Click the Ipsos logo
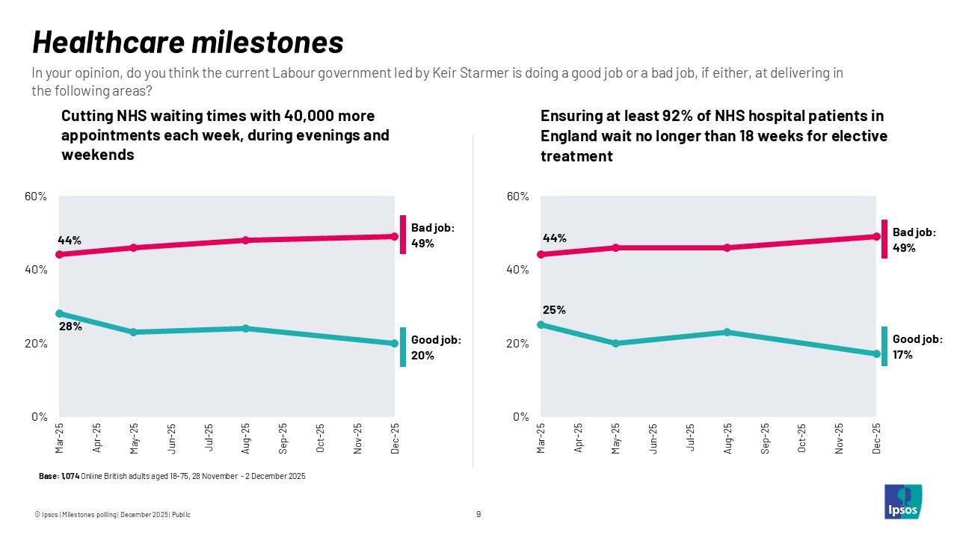coord(902,501)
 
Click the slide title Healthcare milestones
coord(188,43)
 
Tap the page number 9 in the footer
coord(478,514)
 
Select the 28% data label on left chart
coord(71,327)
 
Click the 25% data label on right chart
coord(554,309)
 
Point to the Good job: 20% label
coord(436,347)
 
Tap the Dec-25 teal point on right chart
coord(876,354)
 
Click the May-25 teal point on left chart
coord(133,332)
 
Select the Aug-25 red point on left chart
coord(245,240)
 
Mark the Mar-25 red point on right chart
coord(541,254)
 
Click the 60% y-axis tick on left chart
coord(36,197)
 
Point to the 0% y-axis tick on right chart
coord(521,416)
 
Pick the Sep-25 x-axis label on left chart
coord(283,439)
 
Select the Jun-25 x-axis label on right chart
coord(653,439)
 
